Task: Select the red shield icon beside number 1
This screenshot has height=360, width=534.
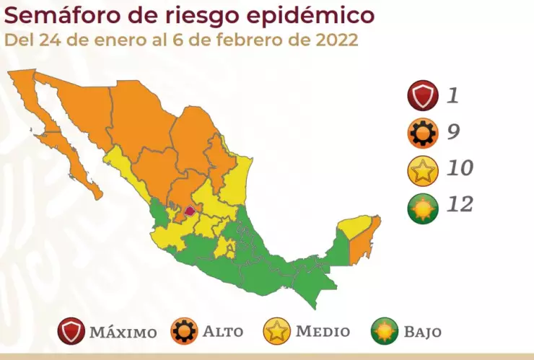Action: click(422, 95)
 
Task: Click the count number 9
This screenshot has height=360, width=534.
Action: click(453, 132)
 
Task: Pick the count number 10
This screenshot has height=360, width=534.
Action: click(460, 169)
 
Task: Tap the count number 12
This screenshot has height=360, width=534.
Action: click(460, 206)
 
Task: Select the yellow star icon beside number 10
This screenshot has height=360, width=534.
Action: click(422, 171)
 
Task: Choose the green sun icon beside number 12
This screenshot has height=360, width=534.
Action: click(422, 208)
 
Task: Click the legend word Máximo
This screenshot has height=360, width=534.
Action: click(123, 333)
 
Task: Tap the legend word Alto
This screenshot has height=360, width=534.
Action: click(222, 333)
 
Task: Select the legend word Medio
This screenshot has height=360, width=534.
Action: click(323, 333)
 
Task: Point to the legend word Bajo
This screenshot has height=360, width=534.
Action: click(423, 333)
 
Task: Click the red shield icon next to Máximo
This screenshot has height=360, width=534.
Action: click(71, 332)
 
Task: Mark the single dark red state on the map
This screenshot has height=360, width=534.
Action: click(189, 211)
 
